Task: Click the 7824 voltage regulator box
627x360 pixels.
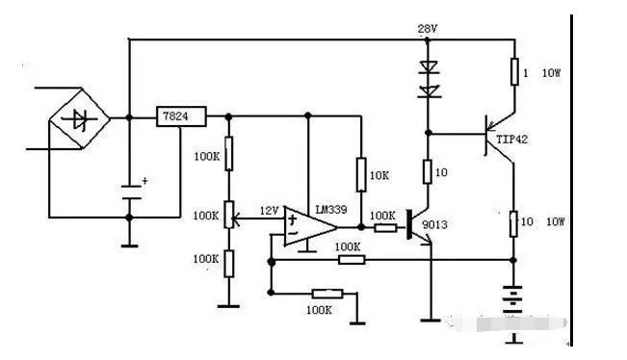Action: [181, 116]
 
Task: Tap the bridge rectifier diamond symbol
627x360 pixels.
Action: [79, 118]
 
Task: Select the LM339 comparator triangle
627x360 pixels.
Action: [310, 226]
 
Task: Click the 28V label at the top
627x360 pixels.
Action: [428, 29]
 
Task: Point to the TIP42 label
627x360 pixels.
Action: [511, 140]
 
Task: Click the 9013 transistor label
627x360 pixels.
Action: [434, 225]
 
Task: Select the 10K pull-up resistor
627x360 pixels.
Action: [361, 175]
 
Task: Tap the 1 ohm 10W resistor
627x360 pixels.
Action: [515, 71]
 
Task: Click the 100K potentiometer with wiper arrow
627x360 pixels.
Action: [229, 215]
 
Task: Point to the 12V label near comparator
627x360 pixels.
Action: [269, 210]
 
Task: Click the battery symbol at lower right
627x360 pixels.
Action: [513, 298]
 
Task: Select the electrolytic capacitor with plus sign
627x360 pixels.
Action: [131, 192]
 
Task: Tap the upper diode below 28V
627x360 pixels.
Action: [429, 67]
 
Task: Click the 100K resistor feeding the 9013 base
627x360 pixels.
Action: [385, 228]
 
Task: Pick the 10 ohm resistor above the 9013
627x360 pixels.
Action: [428, 171]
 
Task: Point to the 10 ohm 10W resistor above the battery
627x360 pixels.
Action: [514, 223]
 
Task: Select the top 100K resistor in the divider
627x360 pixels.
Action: [228, 154]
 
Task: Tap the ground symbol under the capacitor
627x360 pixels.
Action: [130, 245]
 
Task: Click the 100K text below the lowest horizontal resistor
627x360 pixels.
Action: [319, 310]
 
